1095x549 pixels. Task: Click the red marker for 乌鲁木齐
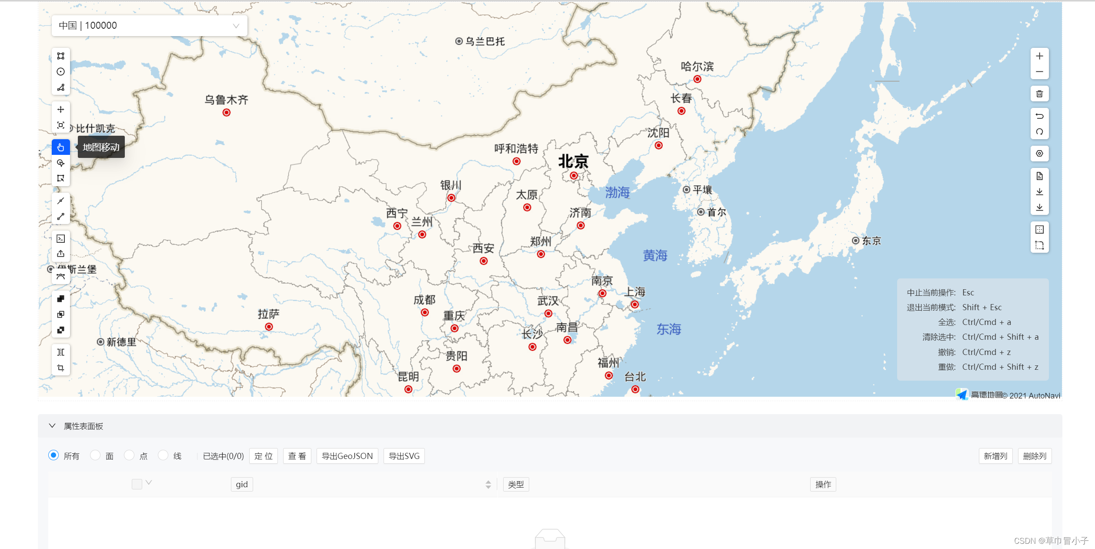(226, 113)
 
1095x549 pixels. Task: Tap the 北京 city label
(573, 162)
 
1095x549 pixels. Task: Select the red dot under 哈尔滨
(697, 79)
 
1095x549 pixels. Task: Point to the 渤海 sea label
(617, 192)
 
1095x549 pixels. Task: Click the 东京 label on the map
(871, 241)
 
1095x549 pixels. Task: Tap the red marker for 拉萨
(269, 327)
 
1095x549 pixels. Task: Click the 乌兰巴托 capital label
(485, 41)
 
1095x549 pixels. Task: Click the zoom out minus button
(1039, 72)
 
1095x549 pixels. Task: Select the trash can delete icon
(1039, 94)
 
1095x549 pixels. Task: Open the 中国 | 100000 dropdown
(149, 26)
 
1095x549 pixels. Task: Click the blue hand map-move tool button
(61, 147)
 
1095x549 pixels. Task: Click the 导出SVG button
(404, 456)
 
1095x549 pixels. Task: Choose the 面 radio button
(95, 455)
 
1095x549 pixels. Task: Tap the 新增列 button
(995, 456)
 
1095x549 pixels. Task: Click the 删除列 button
(1035, 456)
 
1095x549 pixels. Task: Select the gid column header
(242, 484)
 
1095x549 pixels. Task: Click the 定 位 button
(263, 456)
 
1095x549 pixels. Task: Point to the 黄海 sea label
(655, 255)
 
